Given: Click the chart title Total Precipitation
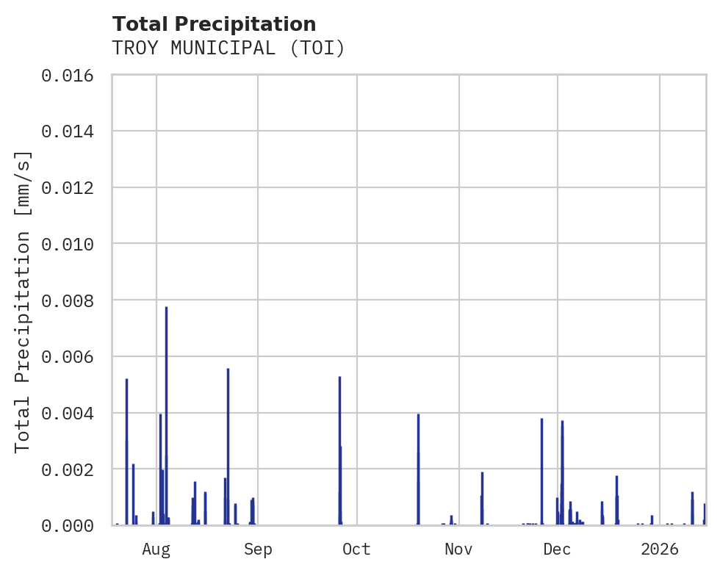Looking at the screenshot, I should pos(214,24).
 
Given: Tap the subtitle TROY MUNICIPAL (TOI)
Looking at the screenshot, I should pos(228,48).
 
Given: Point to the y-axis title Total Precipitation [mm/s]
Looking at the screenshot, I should pos(23,301).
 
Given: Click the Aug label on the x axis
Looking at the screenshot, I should pos(156,549).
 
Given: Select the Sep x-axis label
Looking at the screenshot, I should pos(258,549).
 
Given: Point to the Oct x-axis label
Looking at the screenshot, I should pos(356,549).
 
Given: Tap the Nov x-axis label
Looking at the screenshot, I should pos(458,549).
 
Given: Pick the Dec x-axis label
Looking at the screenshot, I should pos(557,549).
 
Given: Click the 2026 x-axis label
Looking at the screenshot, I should pos(659,549).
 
